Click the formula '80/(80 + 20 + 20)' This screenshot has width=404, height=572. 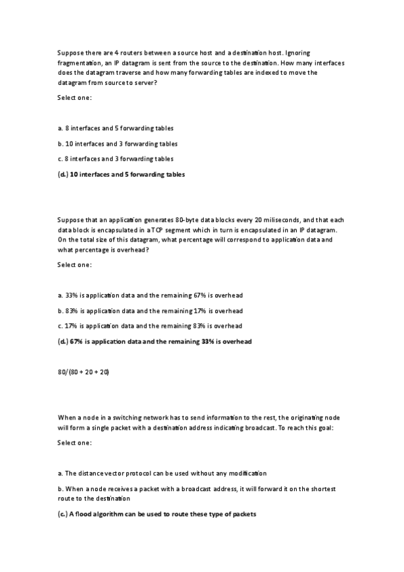click(84, 372)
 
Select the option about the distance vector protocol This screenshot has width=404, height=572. click(162, 473)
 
